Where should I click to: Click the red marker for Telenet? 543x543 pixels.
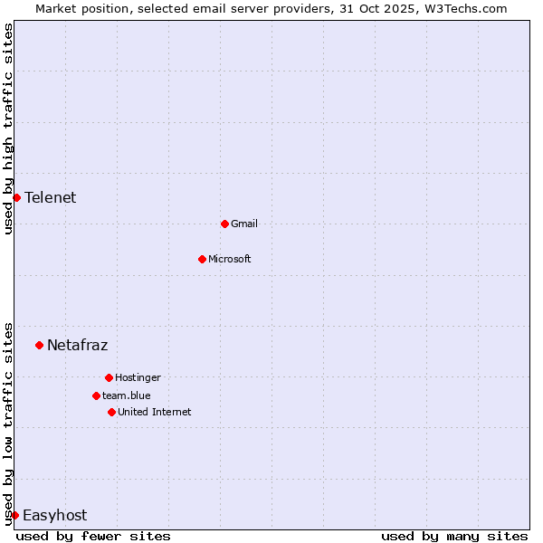16,197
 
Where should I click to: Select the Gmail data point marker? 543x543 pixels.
224,224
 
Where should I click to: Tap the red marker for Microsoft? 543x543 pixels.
202,259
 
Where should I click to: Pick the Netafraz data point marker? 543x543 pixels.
39,345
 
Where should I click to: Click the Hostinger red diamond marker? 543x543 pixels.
109,377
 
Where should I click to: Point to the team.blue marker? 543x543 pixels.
96,395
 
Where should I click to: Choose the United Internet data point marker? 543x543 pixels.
111,412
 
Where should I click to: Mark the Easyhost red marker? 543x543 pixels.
14,515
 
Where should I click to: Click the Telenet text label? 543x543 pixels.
51,197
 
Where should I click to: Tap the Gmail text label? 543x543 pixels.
244,224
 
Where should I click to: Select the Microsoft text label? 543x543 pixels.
230,259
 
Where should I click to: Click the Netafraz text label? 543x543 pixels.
78,345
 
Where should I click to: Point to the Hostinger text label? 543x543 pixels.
138,377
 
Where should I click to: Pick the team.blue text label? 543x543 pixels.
127,395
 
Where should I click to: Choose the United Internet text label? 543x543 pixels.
155,412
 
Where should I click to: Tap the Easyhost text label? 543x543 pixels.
54,515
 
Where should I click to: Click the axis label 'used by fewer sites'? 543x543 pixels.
93,536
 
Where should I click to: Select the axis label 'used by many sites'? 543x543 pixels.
454,536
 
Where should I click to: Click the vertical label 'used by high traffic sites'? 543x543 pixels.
9,129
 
